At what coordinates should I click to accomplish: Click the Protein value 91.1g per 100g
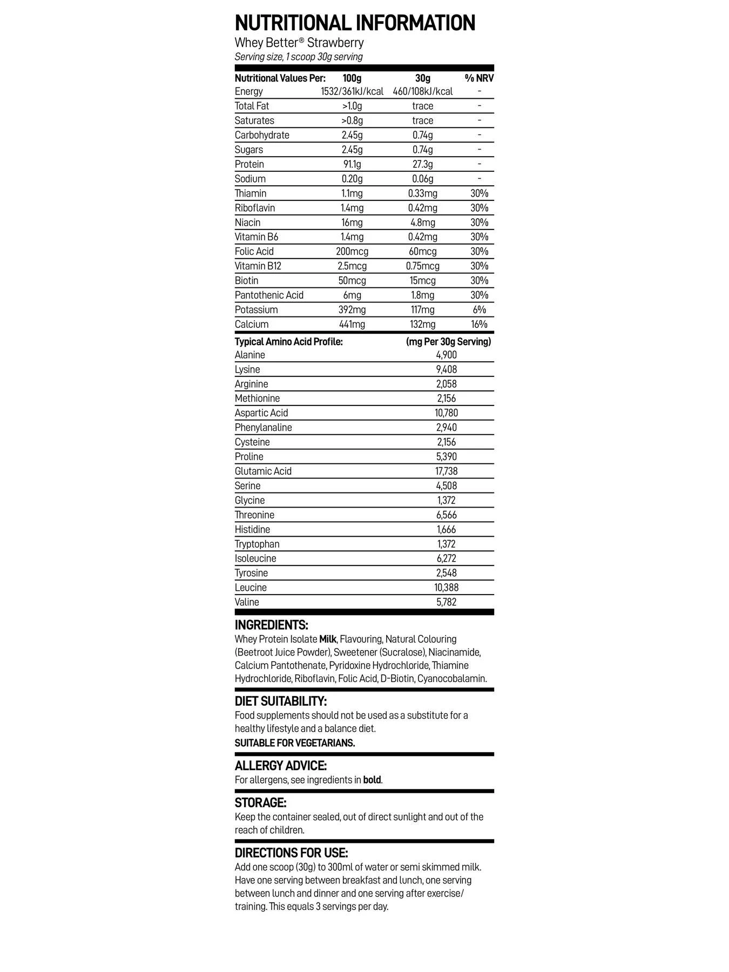[x=352, y=164]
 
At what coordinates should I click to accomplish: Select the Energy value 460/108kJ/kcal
[x=422, y=91]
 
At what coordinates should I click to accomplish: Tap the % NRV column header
[x=479, y=78]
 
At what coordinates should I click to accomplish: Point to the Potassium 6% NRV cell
[x=479, y=309]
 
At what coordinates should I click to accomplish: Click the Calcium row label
[x=252, y=324]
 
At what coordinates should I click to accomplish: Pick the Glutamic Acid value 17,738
[x=446, y=471]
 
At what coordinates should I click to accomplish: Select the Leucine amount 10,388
[x=446, y=588]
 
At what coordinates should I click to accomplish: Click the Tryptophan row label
[x=257, y=544]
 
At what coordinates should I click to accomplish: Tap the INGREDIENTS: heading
[x=271, y=625]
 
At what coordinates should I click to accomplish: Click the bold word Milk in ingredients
[x=328, y=639]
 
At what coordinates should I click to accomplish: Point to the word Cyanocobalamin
[x=452, y=678]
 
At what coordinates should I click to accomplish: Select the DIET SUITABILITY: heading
[x=281, y=701]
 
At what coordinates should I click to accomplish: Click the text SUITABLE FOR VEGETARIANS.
[x=295, y=743]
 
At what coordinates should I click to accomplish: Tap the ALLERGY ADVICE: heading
[x=281, y=766]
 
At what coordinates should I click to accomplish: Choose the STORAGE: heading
[x=260, y=802]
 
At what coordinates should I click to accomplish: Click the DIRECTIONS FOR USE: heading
[x=292, y=853]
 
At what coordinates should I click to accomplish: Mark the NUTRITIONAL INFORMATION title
[x=355, y=23]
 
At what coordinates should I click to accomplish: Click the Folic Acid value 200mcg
[x=352, y=251]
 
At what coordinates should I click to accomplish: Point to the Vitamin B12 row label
[x=258, y=266]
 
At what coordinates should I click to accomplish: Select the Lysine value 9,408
[x=446, y=369]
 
